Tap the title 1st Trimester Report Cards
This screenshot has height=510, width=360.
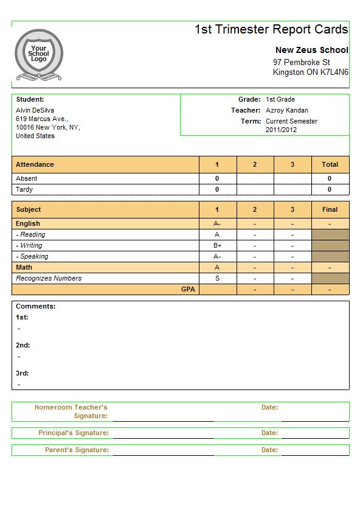(x=271, y=29)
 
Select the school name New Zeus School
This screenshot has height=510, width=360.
(x=311, y=50)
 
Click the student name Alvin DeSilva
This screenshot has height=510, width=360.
(x=35, y=110)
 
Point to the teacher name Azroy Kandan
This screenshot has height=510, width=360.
(x=286, y=110)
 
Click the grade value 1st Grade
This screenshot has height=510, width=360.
(x=280, y=99)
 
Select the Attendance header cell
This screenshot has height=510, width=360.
(x=35, y=164)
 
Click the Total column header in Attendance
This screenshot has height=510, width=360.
(x=330, y=164)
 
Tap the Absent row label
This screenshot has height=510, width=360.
(x=26, y=178)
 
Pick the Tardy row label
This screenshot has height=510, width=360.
(x=24, y=189)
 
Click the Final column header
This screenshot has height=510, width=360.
(x=330, y=209)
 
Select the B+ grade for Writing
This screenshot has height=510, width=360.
(x=217, y=245)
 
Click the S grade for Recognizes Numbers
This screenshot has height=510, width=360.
(x=217, y=278)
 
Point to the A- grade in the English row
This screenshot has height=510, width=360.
(x=217, y=223)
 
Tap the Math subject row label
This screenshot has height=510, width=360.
(x=24, y=267)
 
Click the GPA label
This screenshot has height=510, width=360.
(x=188, y=289)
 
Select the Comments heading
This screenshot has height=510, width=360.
(x=35, y=306)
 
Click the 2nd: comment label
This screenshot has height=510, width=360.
(x=22, y=345)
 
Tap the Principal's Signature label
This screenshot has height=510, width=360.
(x=74, y=433)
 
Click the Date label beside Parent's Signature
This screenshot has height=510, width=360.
(x=269, y=450)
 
